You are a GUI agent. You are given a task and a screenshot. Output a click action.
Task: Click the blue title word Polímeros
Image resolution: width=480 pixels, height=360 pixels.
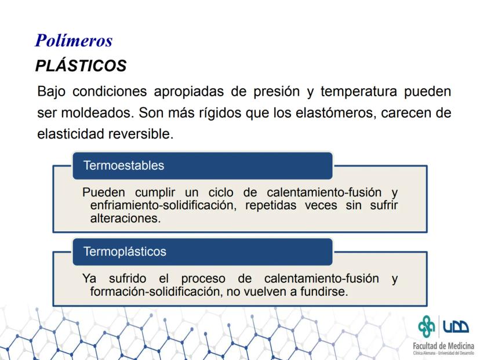[x=74, y=41]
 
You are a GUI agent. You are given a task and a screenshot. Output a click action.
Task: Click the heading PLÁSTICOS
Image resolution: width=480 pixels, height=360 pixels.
[x=81, y=66]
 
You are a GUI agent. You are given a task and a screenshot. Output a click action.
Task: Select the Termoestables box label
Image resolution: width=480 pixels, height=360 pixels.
[x=123, y=165]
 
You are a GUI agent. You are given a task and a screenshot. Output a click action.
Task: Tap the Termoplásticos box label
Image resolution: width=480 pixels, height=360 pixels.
[x=125, y=252]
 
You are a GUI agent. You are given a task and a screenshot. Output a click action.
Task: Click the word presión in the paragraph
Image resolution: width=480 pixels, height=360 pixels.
[x=277, y=92]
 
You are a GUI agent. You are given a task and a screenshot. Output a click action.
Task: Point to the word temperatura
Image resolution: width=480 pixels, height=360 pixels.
[x=358, y=92]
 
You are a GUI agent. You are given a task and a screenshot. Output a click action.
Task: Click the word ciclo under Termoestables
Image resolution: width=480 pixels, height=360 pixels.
[x=221, y=192]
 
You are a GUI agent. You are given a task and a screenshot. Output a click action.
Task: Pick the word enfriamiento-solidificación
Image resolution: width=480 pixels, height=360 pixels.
[x=163, y=205]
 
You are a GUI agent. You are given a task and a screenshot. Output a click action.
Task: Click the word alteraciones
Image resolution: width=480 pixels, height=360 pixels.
[x=126, y=219]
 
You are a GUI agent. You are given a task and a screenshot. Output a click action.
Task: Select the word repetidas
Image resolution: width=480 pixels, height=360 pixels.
[x=271, y=205]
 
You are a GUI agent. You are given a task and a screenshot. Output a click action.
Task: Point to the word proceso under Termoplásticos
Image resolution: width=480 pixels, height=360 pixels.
[x=203, y=279]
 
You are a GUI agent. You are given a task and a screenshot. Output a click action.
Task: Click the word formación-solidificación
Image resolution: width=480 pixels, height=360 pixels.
[x=157, y=292]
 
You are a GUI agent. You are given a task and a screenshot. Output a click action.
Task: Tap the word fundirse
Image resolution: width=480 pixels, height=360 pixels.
[x=324, y=292]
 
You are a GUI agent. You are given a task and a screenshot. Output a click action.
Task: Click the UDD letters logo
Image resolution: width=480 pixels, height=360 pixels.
[x=456, y=326]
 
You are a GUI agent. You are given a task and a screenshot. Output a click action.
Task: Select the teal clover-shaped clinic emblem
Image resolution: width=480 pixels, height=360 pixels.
[x=427, y=326]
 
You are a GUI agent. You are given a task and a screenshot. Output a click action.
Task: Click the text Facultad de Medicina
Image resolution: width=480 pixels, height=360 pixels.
[x=443, y=346]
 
